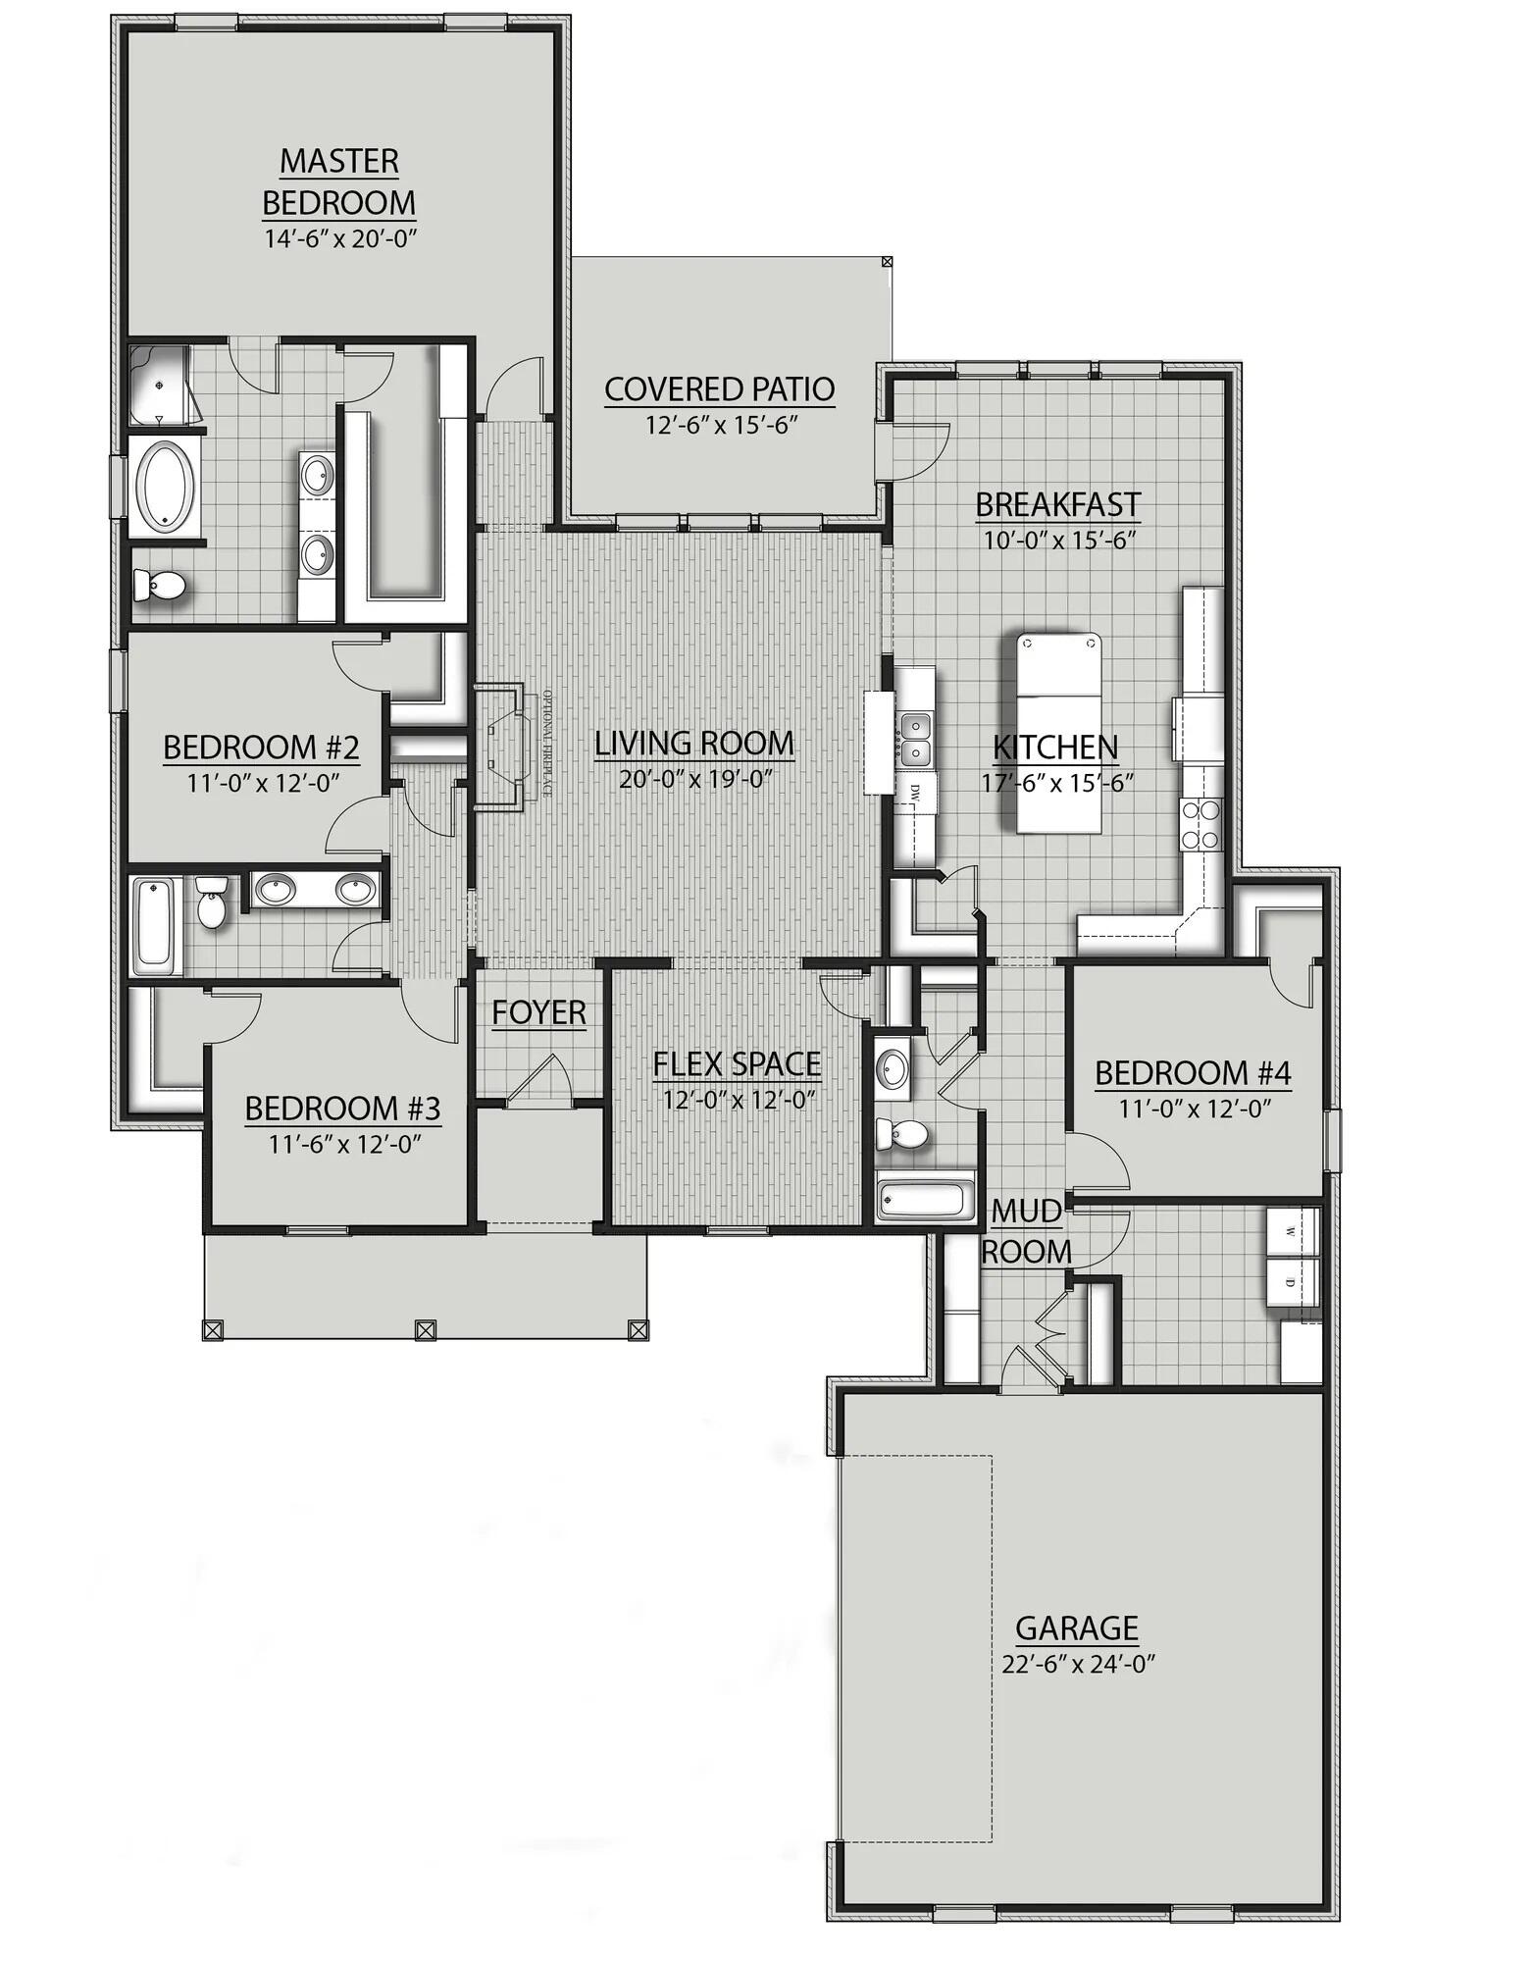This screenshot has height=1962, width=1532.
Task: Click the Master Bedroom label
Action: coord(338,181)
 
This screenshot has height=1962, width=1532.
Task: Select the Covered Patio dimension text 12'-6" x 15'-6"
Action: coord(719,425)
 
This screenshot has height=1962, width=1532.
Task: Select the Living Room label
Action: coord(694,744)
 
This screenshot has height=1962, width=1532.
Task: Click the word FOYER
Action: coord(538,1012)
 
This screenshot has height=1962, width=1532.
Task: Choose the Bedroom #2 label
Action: coord(261,748)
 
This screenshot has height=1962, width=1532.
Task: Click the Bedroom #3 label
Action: coord(342,1109)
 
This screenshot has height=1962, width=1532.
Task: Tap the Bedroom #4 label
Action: coord(1193,1073)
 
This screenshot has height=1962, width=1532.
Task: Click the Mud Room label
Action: coord(1026,1232)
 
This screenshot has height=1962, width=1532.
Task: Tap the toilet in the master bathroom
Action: coord(159,587)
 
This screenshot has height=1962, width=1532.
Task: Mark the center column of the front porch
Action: coord(425,1329)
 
